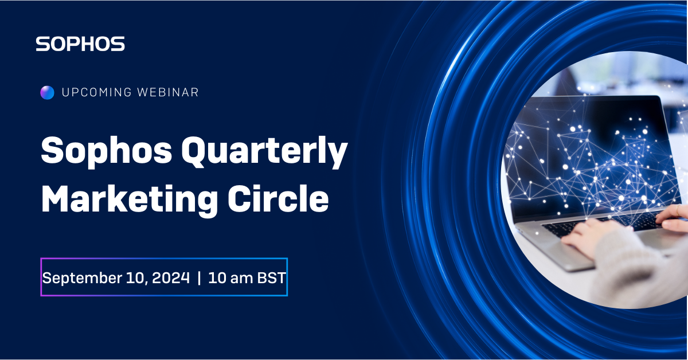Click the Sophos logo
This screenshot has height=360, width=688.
(80, 44)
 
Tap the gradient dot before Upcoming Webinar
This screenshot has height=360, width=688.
(47, 92)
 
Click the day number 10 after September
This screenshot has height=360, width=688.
(131, 278)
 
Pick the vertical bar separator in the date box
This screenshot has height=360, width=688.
(199, 278)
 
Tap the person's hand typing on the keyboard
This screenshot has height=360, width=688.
(591, 235)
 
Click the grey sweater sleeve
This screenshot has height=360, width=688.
(636, 269)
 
